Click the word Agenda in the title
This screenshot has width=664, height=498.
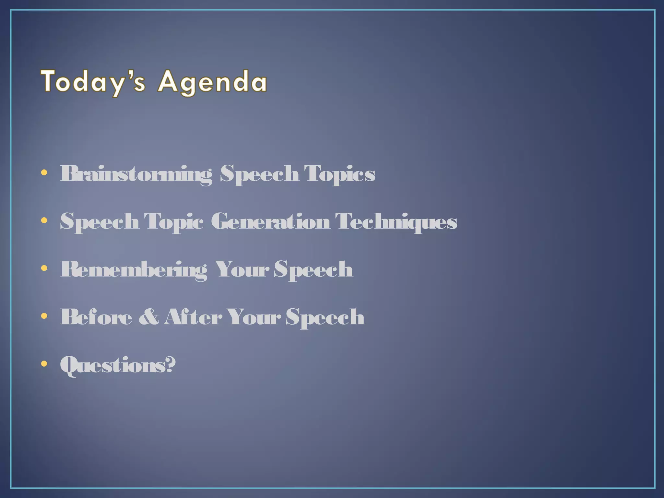(212, 82)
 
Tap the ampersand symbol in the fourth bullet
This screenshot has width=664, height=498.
(149, 317)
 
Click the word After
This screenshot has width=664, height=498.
(193, 317)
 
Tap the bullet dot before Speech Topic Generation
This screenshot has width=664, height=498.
(44, 220)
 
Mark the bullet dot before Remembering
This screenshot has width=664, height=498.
(44, 268)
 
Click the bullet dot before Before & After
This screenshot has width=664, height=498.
(44, 316)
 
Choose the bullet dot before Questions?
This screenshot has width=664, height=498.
(44, 364)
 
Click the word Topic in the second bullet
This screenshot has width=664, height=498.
(173, 222)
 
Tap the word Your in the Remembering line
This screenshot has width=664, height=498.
(242, 269)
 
